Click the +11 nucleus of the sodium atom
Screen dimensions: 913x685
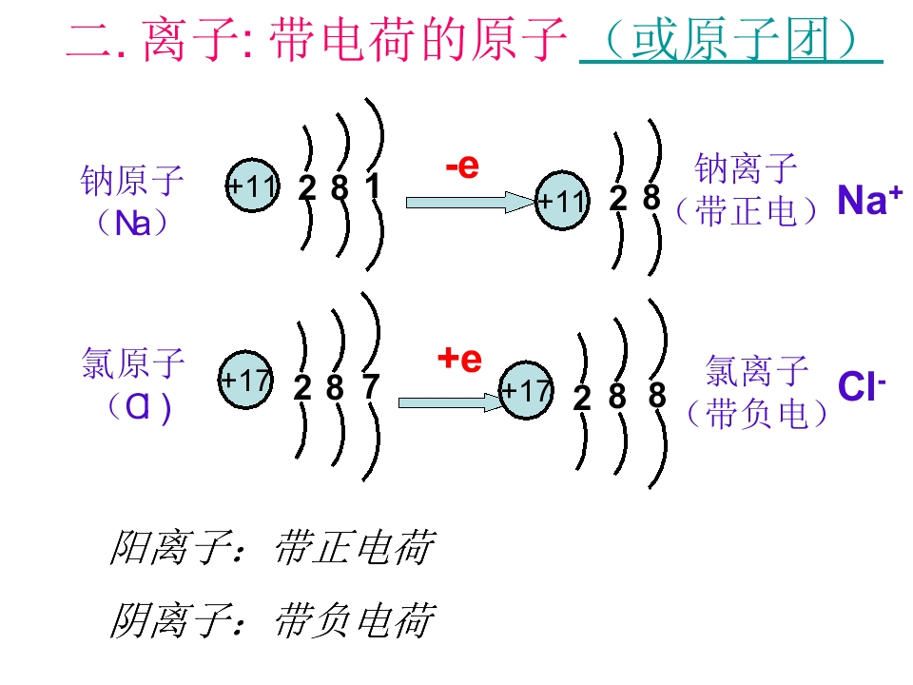click(x=252, y=186)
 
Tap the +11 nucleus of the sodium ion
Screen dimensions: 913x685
click(x=562, y=201)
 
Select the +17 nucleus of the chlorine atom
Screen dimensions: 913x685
click(x=245, y=380)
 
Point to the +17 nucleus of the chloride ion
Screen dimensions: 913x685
click(x=526, y=390)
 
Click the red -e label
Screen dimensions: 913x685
click(x=462, y=166)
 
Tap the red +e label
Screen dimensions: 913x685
click(x=459, y=359)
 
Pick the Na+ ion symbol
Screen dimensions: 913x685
click(x=869, y=200)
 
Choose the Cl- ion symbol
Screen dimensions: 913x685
click(x=862, y=385)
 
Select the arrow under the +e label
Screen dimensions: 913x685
click(x=450, y=402)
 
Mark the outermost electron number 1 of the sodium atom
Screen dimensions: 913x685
click(x=372, y=186)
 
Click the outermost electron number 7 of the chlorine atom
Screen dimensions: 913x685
click(x=370, y=386)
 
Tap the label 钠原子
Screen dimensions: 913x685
click(x=132, y=180)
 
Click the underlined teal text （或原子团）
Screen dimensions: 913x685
click(x=730, y=40)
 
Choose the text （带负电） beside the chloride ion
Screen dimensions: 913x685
click(x=757, y=414)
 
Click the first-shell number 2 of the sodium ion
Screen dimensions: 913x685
click(x=618, y=199)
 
